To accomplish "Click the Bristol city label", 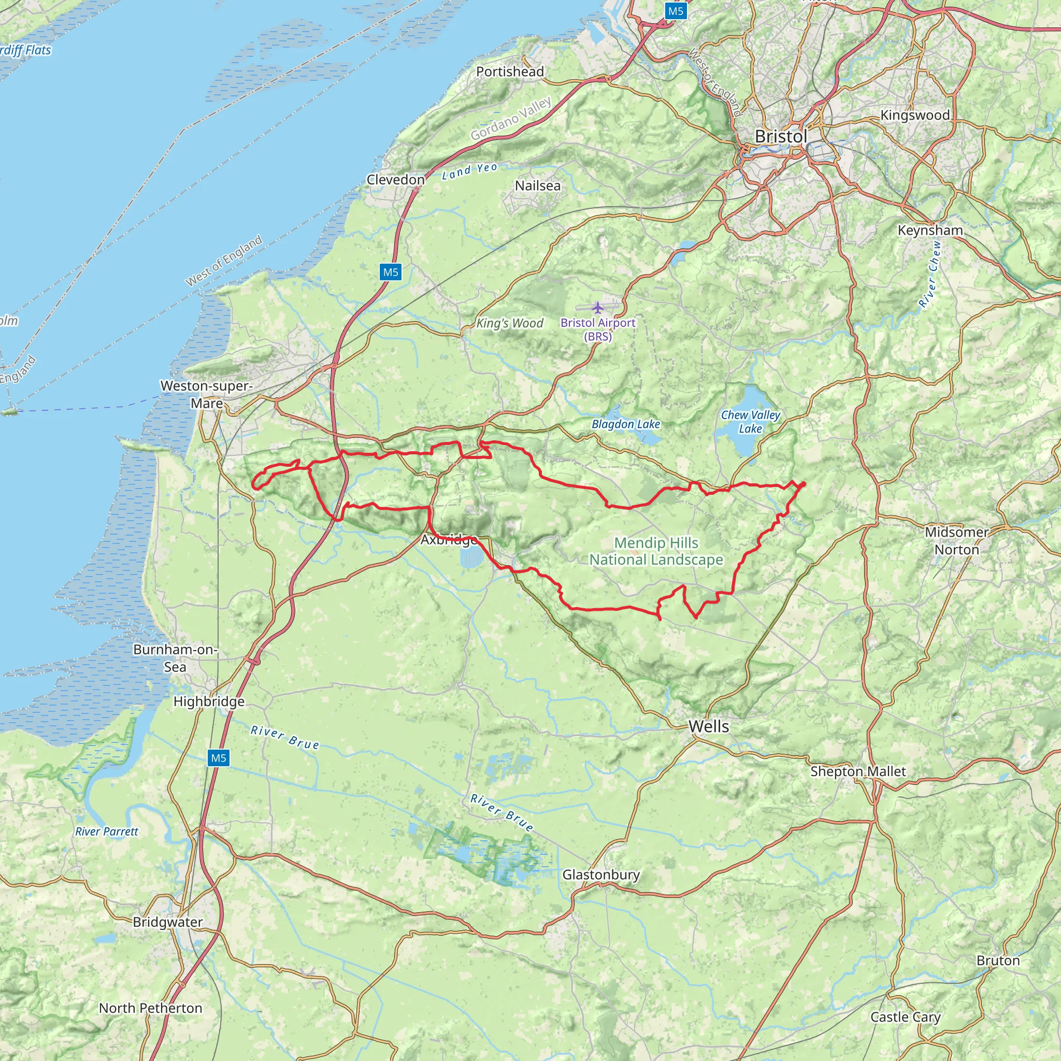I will pyautogui.click(x=780, y=137).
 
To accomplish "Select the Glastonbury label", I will pyautogui.click(x=601, y=874).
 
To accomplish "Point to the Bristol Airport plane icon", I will pyautogui.click(x=597, y=307).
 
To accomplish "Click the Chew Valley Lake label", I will pyautogui.click(x=750, y=422).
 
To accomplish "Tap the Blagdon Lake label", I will pyautogui.click(x=625, y=424).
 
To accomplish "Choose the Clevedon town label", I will pyautogui.click(x=395, y=180).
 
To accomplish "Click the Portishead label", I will pyautogui.click(x=510, y=71).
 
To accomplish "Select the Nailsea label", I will pyautogui.click(x=538, y=185).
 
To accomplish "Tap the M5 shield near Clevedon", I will pyautogui.click(x=391, y=272).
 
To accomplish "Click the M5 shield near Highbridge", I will pyautogui.click(x=219, y=758).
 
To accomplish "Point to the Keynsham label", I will pyautogui.click(x=930, y=230).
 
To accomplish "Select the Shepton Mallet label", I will pyautogui.click(x=858, y=771).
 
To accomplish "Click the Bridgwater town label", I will pyautogui.click(x=167, y=922).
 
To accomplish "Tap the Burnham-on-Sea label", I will pyautogui.click(x=175, y=658).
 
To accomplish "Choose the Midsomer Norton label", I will pyautogui.click(x=957, y=540).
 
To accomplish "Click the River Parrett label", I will pyautogui.click(x=107, y=831).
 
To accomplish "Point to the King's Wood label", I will pyautogui.click(x=510, y=323).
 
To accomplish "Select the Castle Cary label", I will pyautogui.click(x=905, y=1016).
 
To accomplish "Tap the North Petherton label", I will pyautogui.click(x=150, y=1008).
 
